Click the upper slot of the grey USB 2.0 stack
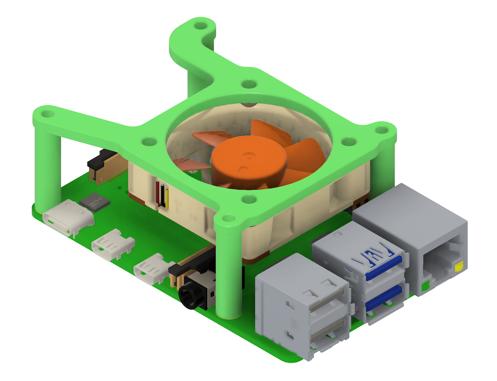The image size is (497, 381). coord(325,301)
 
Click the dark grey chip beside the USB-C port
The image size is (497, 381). coord(93,203)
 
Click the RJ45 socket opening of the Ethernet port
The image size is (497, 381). coord(442,261)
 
